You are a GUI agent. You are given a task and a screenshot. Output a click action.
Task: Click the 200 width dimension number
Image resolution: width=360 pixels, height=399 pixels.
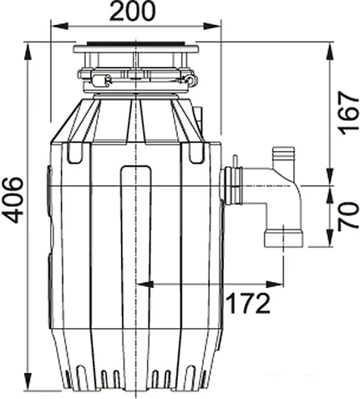point(134,13)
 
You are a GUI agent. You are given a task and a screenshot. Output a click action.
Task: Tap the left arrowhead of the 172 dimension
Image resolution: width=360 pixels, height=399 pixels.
point(142,284)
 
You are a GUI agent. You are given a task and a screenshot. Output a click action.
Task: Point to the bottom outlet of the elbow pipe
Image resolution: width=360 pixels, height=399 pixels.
point(280,240)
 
